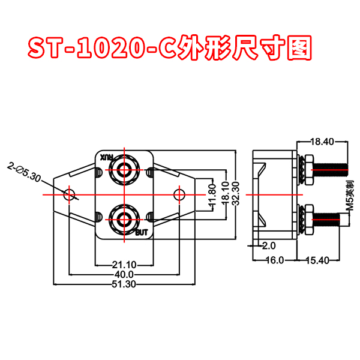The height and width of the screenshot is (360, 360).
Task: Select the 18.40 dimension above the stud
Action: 322,142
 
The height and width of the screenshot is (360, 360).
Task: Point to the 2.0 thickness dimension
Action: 268,245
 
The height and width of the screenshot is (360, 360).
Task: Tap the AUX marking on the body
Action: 106,157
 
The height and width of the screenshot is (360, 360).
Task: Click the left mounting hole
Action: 70,194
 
